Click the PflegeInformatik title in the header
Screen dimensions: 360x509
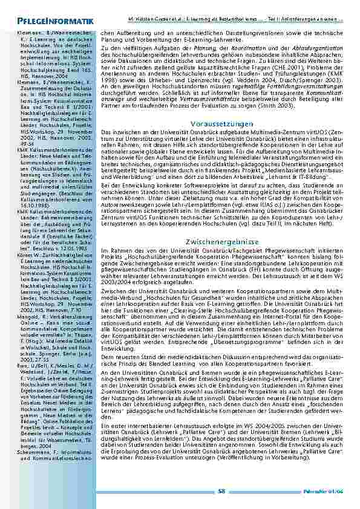(43, 22)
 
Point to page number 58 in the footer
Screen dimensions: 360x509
(222, 491)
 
